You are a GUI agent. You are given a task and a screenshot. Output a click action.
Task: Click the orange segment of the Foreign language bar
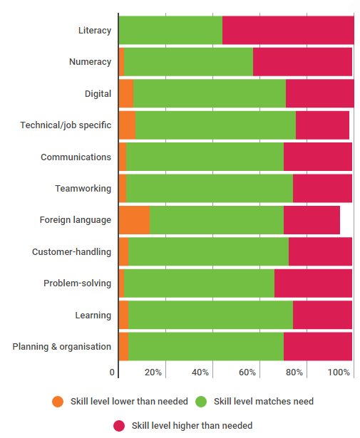coord(134,219)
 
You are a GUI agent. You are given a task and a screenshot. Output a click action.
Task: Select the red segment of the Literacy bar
coord(288,30)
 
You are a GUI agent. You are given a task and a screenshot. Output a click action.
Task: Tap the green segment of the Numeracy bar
coord(188,62)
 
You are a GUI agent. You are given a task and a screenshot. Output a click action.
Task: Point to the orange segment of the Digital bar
coord(125,93)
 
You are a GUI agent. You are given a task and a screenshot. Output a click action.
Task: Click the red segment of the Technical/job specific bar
coord(322,125)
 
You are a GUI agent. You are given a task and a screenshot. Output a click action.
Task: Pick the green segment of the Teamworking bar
coord(209,188)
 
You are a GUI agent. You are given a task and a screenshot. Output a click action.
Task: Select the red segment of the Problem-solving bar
coord(313,283)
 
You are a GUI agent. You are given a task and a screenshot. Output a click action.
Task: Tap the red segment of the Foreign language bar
coord(312,219)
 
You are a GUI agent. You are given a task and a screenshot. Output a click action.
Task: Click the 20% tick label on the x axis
coord(153,372)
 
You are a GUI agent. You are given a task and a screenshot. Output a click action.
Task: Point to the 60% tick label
coord(247,372)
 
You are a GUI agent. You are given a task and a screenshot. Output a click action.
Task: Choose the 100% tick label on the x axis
coord(339,372)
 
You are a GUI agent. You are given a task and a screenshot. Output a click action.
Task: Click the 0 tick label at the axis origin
coord(112,372)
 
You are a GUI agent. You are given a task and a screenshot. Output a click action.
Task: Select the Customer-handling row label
coord(71,251)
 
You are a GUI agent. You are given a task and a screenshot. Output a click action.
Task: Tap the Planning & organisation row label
coord(62,346)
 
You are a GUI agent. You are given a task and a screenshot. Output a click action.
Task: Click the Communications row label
coord(76,157)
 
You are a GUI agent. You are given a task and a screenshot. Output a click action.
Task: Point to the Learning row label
coord(93,315)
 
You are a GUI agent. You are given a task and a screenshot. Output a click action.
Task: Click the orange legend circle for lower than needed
coord(58,402)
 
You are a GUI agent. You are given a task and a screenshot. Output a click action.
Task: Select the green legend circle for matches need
coord(201,402)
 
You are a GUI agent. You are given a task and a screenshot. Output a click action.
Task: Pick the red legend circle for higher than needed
coord(119,426)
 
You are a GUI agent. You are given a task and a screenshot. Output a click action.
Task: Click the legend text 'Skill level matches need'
coord(264,402)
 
